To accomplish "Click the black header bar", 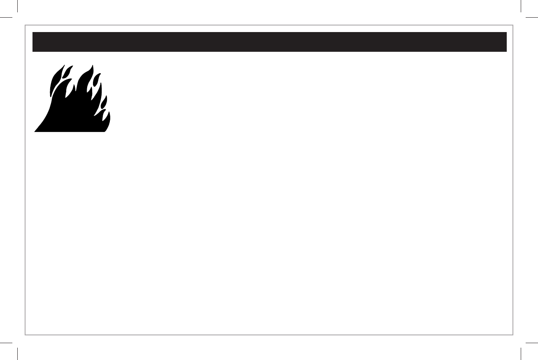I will [269, 42].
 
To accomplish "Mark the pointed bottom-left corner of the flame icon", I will [35, 131].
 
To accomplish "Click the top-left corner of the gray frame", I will [26, 25].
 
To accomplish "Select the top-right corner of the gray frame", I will [512, 25].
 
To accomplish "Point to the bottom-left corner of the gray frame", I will [26, 335].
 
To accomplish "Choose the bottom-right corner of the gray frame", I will [512, 335].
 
